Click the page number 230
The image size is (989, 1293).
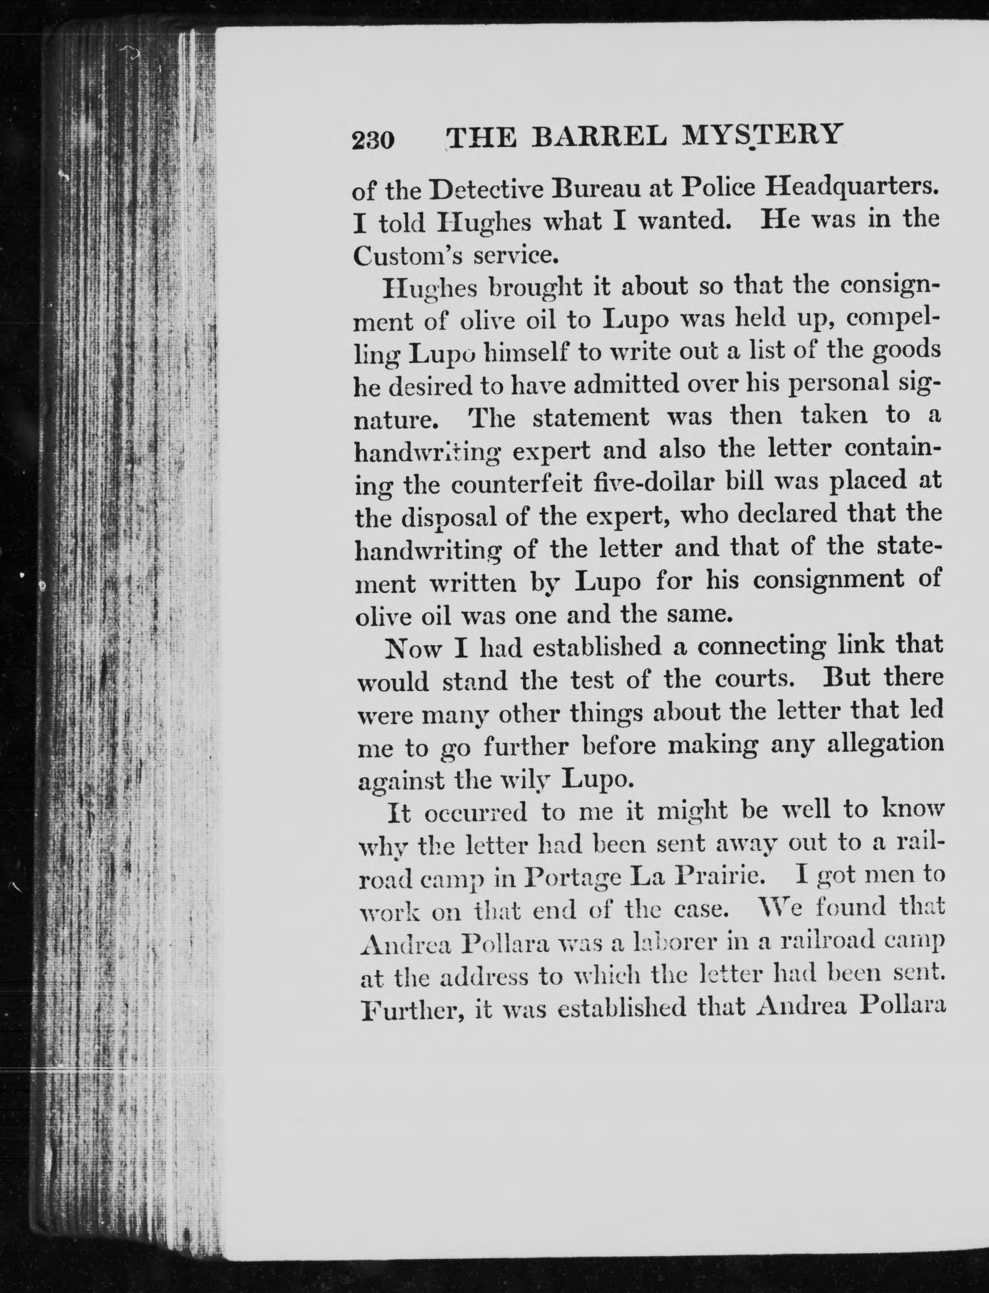point(373,140)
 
